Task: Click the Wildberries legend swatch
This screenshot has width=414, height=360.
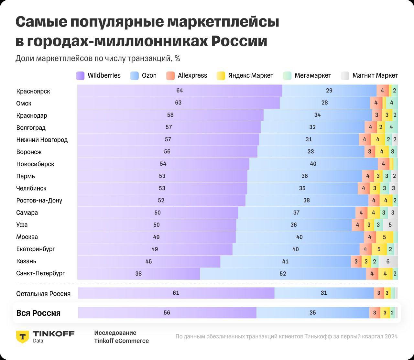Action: (x=80, y=76)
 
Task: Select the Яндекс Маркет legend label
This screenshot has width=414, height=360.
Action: (x=251, y=76)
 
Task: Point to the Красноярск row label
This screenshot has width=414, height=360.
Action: (x=33, y=91)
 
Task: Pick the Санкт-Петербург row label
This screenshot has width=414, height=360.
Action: (x=40, y=273)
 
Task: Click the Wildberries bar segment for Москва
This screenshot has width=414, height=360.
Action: (x=157, y=237)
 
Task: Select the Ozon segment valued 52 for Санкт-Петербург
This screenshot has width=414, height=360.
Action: (x=283, y=274)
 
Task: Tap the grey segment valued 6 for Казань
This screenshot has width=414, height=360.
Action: (x=388, y=261)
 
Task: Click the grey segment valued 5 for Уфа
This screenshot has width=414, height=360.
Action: (x=390, y=225)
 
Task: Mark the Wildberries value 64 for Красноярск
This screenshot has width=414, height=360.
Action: (x=180, y=91)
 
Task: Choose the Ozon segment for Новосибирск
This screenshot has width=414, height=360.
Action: (x=313, y=164)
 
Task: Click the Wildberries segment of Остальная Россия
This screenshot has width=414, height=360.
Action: (x=176, y=293)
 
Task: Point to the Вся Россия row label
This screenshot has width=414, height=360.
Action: (x=38, y=313)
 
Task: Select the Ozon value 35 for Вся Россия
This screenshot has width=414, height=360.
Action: (x=312, y=313)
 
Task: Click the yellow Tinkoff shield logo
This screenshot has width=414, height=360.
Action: (x=22, y=336)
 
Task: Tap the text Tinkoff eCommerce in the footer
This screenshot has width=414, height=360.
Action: (x=121, y=341)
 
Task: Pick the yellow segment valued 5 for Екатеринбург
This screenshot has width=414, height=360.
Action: (x=378, y=249)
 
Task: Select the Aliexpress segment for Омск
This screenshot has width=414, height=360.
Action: (x=376, y=103)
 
